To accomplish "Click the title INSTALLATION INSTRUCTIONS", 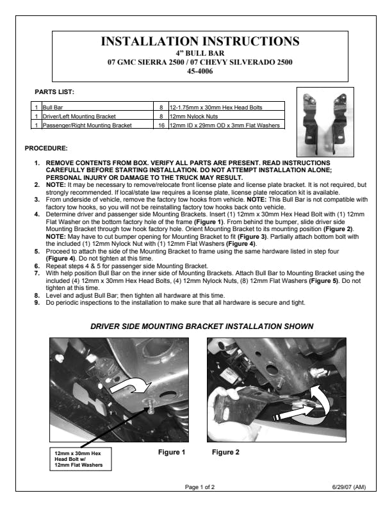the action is tap(200, 41).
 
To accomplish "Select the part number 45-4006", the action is tap(200, 71).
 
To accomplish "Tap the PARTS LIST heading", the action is tap(54, 92).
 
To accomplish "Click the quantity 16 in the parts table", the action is tap(161, 125).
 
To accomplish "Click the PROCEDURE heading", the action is tap(46, 149).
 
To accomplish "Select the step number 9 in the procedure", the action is tap(37, 303).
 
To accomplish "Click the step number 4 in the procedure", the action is tap(37, 214).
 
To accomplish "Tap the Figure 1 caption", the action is tap(172, 452).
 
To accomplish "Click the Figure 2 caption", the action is tap(225, 452).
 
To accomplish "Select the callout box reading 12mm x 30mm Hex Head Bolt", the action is tap(81, 459).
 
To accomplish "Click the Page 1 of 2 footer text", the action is tap(200, 487).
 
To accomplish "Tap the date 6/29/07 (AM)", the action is tap(349, 487).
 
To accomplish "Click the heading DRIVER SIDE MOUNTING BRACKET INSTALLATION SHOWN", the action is tap(202, 326).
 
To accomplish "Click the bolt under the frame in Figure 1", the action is tap(151, 406).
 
